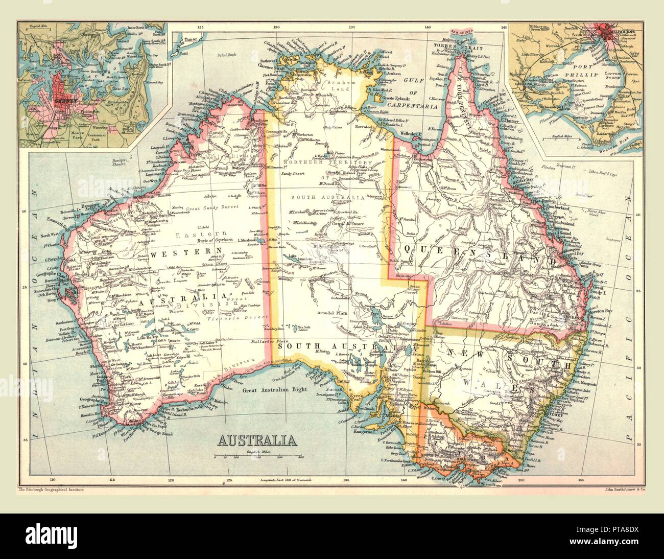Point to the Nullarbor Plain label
tap(270, 340)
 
